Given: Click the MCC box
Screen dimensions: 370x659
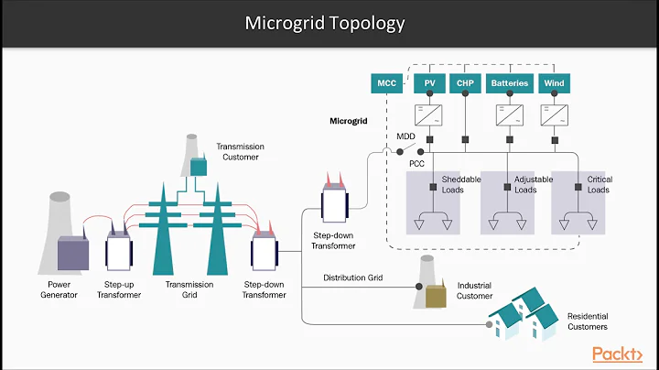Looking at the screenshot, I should coord(387,83).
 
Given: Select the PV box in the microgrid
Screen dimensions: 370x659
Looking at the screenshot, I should coord(428,83).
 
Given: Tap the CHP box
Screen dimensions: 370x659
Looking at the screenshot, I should coord(465,83).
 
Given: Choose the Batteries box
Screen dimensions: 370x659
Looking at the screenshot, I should coord(510,83).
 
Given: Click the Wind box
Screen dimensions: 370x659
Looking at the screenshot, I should coord(555,83).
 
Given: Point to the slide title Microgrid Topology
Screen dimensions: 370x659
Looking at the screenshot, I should coord(325,23).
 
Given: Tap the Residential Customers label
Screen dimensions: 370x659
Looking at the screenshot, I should coord(586,321).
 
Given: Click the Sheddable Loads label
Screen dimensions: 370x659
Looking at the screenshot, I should coord(460,185).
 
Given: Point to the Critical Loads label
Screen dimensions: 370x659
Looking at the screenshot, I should coord(600,185).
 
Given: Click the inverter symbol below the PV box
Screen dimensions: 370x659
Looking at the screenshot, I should coord(428,115).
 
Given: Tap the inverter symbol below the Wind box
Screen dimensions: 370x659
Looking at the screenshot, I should coord(555,115).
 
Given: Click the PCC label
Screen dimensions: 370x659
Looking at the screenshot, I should coord(416,164).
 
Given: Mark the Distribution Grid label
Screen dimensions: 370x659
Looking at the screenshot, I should coord(353,277).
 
